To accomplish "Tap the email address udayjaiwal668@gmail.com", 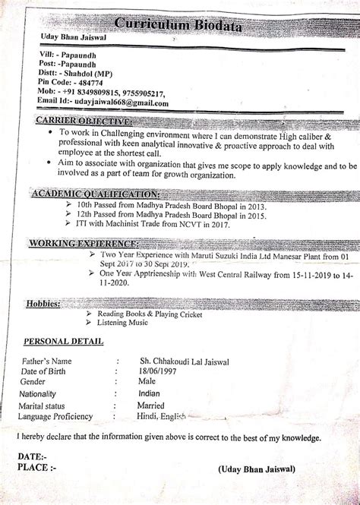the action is point(115,102).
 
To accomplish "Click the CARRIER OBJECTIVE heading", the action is point(82,122).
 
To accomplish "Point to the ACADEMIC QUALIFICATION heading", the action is point(85,194).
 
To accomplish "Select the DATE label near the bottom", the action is point(33,456).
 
